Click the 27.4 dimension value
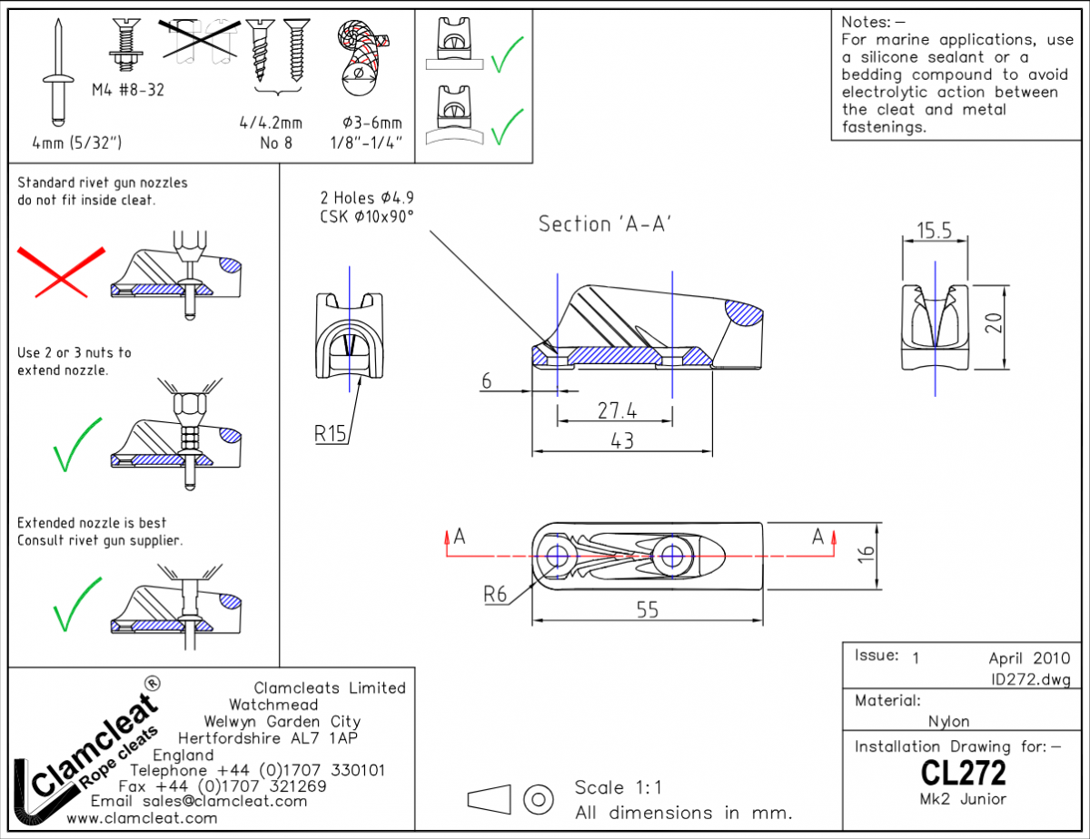(x=616, y=411)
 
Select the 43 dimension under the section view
(x=622, y=440)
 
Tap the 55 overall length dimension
(x=647, y=610)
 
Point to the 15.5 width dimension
(x=934, y=231)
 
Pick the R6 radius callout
(x=495, y=596)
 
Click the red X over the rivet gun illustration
(x=60, y=271)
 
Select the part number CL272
(x=963, y=774)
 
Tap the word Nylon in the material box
(x=948, y=722)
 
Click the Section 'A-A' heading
(x=604, y=223)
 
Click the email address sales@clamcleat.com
(x=225, y=801)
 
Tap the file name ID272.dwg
(x=1031, y=679)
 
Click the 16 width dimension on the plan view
(x=867, y=554)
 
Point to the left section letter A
(x=460, y=537)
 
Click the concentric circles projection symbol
(x=540, y=799)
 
